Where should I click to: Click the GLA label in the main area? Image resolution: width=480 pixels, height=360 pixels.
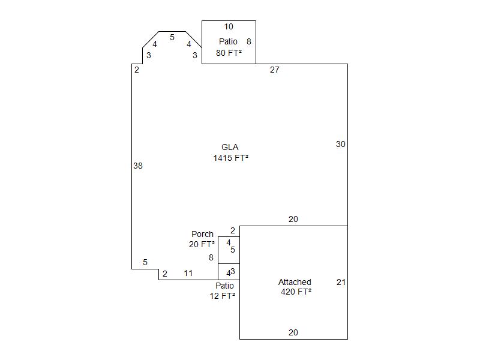pos(230,147)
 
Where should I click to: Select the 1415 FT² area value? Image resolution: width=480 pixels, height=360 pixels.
pos(230,158)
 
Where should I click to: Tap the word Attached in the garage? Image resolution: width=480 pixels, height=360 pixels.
pos(295,282)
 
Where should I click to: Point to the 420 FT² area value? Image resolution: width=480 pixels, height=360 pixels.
pos(296,292)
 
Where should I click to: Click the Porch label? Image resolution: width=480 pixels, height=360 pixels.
pos(202,234)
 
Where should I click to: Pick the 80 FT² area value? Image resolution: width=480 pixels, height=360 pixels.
pos(229,53)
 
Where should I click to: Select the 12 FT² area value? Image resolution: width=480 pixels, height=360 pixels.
pos(223,296)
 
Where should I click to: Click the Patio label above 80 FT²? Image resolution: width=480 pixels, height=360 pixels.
pos(228,41)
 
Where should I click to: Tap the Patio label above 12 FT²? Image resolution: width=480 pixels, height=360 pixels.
pos(224,286)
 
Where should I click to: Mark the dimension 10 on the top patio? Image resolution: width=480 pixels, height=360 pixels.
pos(229,26)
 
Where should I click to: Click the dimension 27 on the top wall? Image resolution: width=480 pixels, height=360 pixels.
pos(275,70)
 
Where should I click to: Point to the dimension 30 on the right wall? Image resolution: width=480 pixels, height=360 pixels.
pos(341,144)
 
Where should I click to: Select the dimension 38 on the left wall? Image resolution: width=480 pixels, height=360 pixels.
pos(138,166)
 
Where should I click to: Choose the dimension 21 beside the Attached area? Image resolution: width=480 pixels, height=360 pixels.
pos(341,282)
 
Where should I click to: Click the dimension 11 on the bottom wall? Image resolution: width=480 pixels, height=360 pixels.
pos(188,274)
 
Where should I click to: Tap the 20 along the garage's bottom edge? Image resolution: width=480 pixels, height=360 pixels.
pos(293,332)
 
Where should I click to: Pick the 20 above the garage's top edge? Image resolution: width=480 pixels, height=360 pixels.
pos(293,219)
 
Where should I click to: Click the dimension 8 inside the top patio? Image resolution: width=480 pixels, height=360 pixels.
pos(249,41)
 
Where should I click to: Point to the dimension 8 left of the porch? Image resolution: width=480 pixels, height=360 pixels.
pos(211,258)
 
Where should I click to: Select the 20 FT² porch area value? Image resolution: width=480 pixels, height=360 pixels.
pos(202,244)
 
